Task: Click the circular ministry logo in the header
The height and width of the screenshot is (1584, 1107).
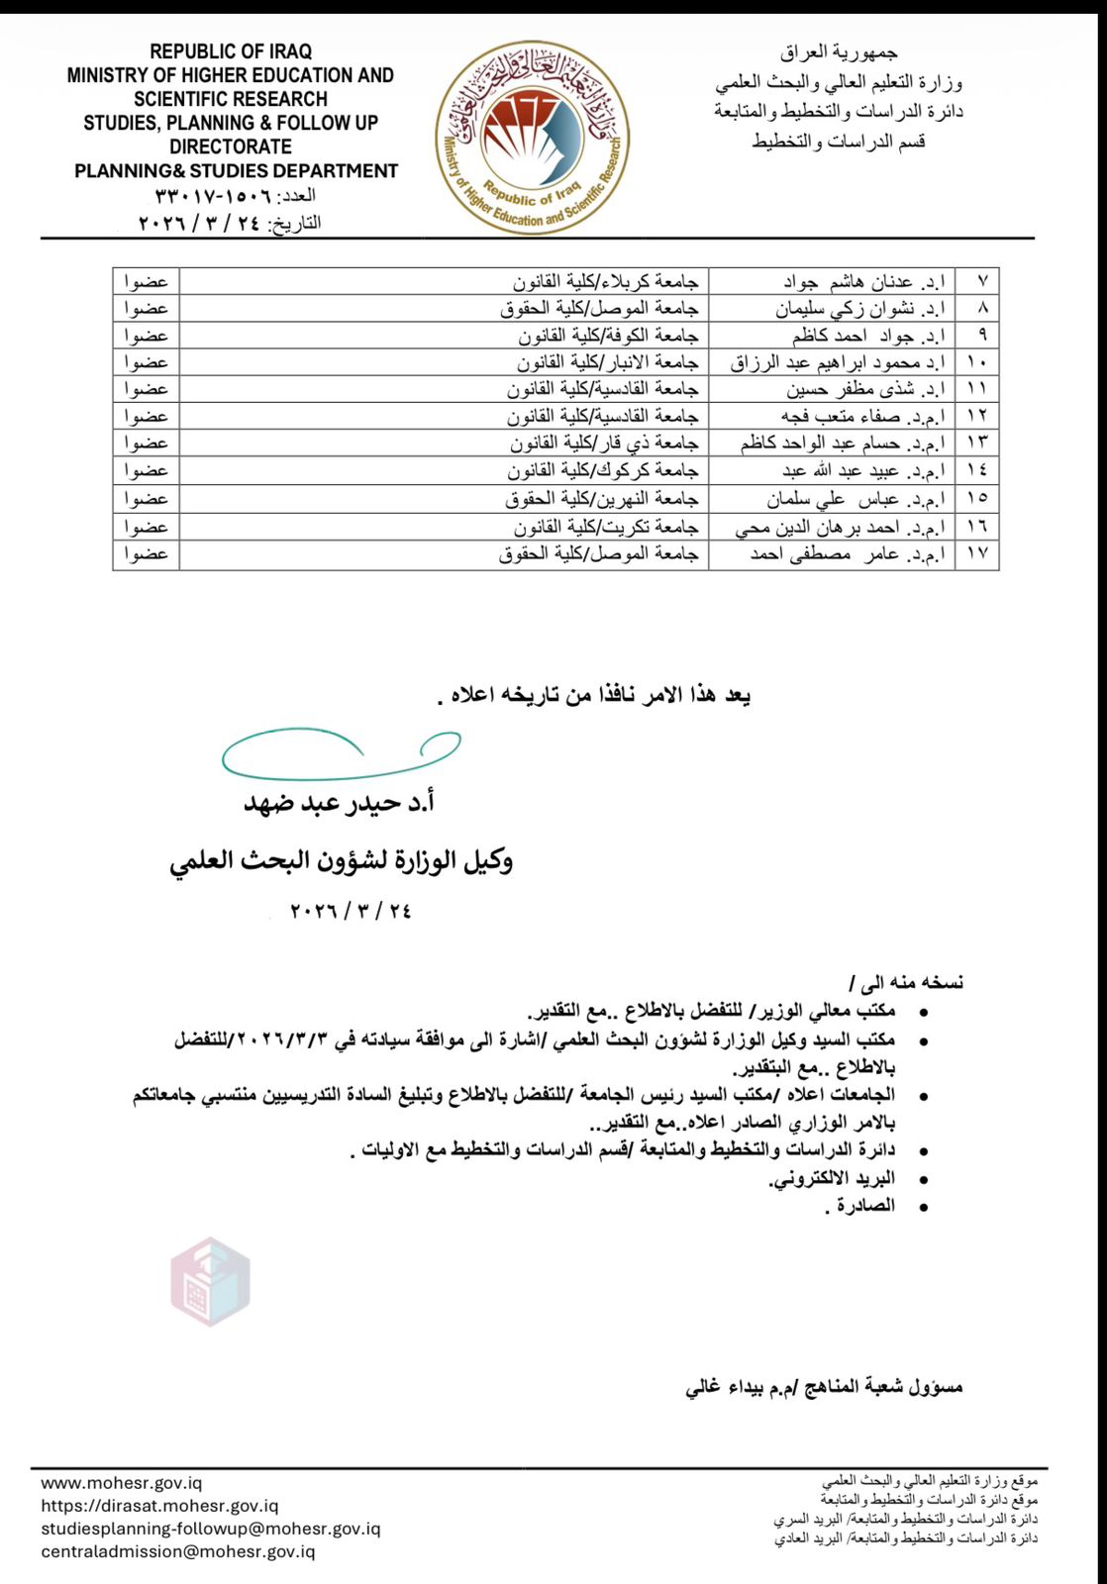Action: (x=533, y=138)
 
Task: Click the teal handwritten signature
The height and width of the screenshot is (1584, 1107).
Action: (x=341, y=755)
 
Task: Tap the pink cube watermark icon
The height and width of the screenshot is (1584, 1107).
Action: (x=210, y=1281)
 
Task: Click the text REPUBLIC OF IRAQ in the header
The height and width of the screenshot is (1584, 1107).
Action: (x=231, y=51)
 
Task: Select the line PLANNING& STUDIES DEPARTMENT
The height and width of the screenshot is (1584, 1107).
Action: (x=236, y=171)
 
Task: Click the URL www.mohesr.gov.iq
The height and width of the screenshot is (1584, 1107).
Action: (x=122, y=1483)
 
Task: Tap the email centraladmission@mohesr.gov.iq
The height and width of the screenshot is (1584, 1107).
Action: (x=178, y=1551)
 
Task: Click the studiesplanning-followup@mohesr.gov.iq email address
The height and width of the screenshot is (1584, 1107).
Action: (x=211, y=1529)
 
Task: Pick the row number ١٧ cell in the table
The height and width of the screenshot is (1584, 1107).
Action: (x=977, y=553)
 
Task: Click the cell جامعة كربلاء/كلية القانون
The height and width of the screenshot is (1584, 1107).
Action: (x=605, y=282)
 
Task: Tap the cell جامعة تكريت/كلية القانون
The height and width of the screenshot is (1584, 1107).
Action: (x=605, y=527)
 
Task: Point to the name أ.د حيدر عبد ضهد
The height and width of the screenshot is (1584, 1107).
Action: (x=340, y=803)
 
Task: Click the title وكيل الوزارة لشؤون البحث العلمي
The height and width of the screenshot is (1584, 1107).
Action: (x=341, y=860)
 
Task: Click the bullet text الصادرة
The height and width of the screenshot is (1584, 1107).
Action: (x=860, y=1206)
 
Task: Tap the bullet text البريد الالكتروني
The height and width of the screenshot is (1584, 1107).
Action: (x=832, y=1178)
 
